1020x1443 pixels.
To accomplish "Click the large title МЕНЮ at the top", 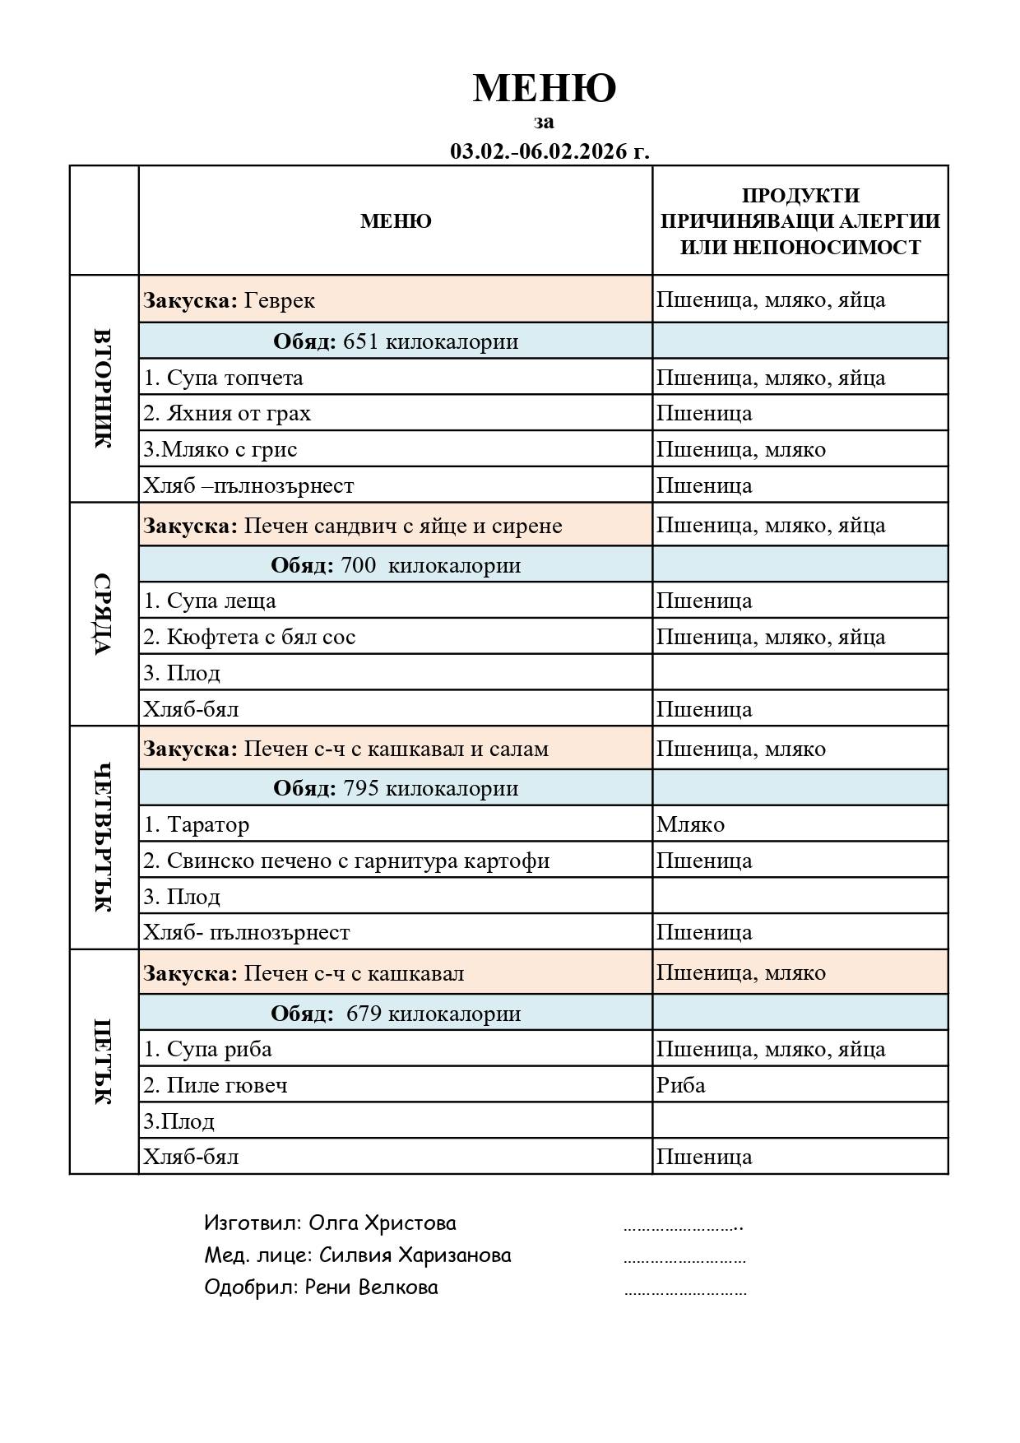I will (x=544, y=88).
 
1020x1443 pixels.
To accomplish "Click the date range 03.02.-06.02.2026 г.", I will (x=549, y=151).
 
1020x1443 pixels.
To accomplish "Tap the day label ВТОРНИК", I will (x=103, y=388).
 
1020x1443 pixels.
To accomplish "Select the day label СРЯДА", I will (x=103, y=614).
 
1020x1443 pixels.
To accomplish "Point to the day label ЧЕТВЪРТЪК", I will (x=103, y=837).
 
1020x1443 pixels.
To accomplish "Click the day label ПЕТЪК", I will (x=103, y=1061).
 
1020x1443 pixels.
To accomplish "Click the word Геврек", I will (x=279, y=300).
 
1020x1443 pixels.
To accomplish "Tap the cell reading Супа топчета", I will (x=223, y=378).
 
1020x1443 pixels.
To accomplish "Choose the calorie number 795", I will (x=360, y=788).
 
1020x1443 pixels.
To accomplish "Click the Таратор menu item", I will (x=207, y=824).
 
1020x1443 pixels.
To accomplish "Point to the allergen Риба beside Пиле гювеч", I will (x=680, y=1085).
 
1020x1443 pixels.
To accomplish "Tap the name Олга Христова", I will (x=382, y=1223).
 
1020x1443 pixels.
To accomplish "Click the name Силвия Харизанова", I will (x=415, y=1255).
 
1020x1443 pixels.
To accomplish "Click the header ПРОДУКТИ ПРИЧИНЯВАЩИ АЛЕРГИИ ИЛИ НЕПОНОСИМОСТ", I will (x=800, y=220).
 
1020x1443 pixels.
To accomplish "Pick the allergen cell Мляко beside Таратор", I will (x=690, y=824).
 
